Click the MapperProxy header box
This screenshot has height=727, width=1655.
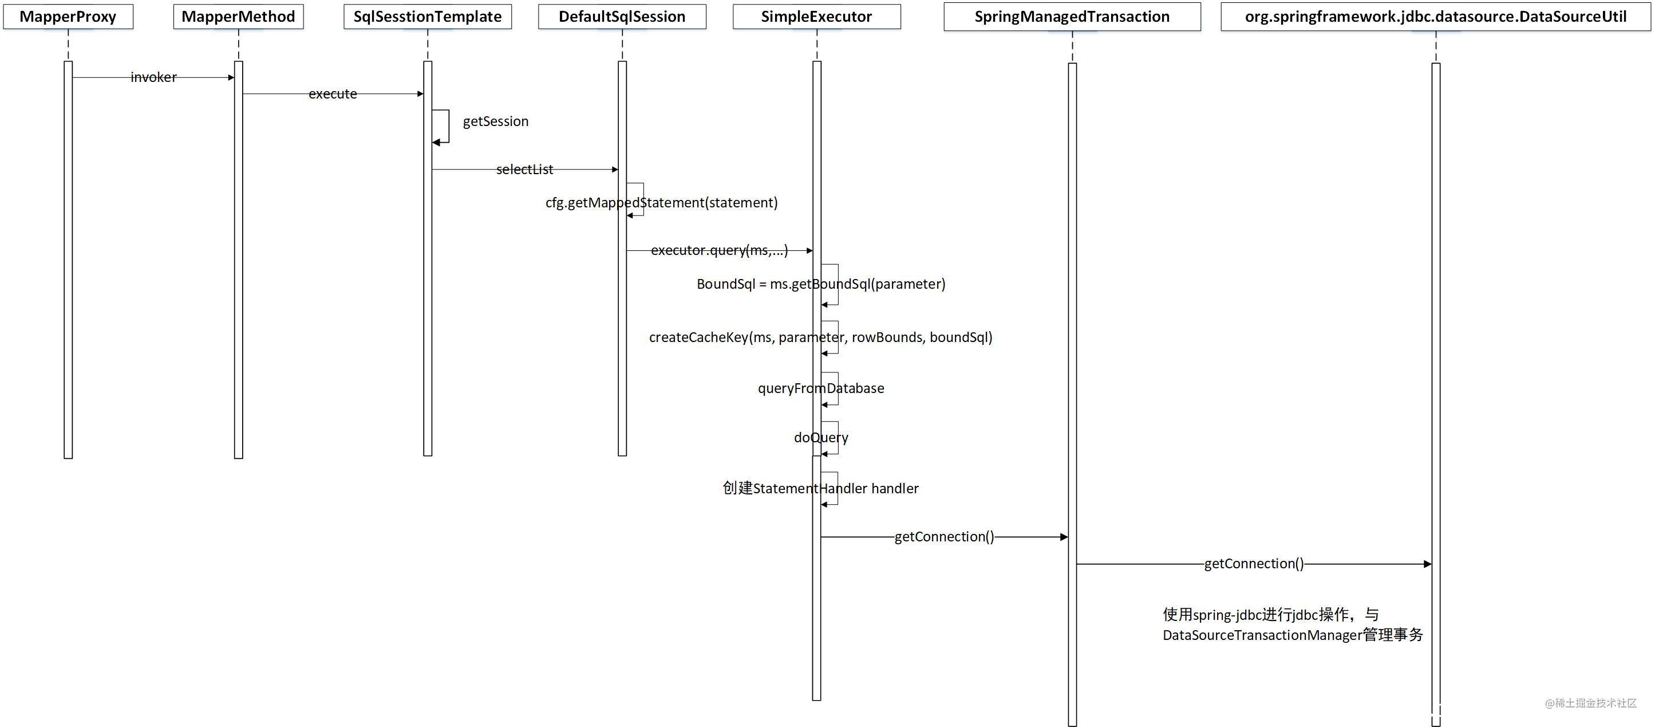click(68, 17)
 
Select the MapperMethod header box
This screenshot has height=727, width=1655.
click(238, 17)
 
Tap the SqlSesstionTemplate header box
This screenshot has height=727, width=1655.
click(427, 17)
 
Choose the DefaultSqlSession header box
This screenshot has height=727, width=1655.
click(622, 17)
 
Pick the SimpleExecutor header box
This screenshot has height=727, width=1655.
click(816, 17)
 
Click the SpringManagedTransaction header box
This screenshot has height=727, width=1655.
click(1072, 17)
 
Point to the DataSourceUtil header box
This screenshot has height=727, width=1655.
click(1435, 17)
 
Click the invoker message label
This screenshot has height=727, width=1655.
click(153, 77)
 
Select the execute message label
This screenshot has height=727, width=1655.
click(333, 94)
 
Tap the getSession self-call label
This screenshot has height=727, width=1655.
click(495, 121)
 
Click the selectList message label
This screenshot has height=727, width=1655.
click(524, 170)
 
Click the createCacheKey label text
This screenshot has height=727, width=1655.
click(820, 337)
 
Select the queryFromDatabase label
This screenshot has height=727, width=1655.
click(820, 388)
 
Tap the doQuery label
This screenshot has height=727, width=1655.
click(820, 438)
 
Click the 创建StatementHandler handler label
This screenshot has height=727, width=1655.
click(820, 489)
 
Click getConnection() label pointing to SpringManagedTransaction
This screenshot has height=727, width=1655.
click(944, 537)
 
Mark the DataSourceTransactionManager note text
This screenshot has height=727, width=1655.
click(1292, 635)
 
